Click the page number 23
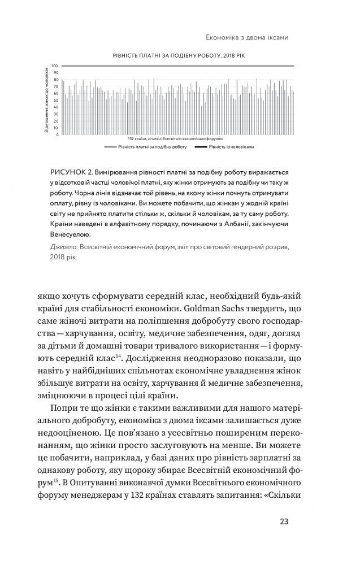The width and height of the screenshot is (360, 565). pyautogui.click(x=284, y=521)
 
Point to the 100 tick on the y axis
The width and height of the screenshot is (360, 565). pyautogui.click(x=55, y=66)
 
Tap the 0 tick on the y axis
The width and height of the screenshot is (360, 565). pyautogui.click(x=57, y=135)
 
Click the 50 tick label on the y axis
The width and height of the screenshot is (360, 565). pyautogui.click(x=56, y=101)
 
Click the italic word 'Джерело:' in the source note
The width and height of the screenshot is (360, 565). pyautogui.click(x=63, y=247)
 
